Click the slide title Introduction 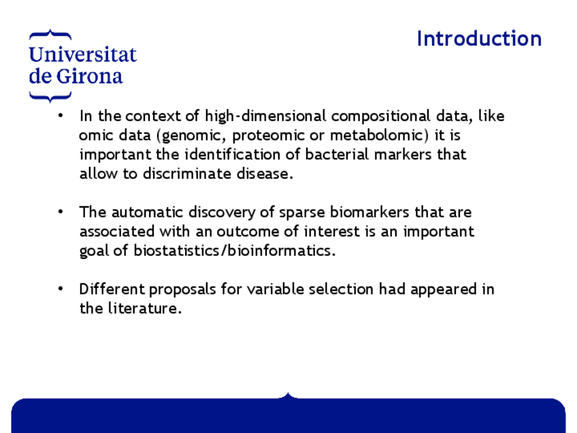[x=479, y=39]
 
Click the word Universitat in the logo [x=83, y=54]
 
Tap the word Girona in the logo [x=89, y=76]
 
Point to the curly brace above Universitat [x=50, y=35]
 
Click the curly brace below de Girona [x=50, y=97]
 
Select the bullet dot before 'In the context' [x=61, y=116]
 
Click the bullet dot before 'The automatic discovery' [x=61, y=211]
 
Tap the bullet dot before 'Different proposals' [x=61, y=289]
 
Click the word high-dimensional [x=265, y=116]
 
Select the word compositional [x=380, y=116]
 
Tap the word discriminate [x=187, y=174]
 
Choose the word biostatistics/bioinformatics [x=234, y=251]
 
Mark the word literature [x=145, y=308]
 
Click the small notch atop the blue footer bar [x=288, y=396]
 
